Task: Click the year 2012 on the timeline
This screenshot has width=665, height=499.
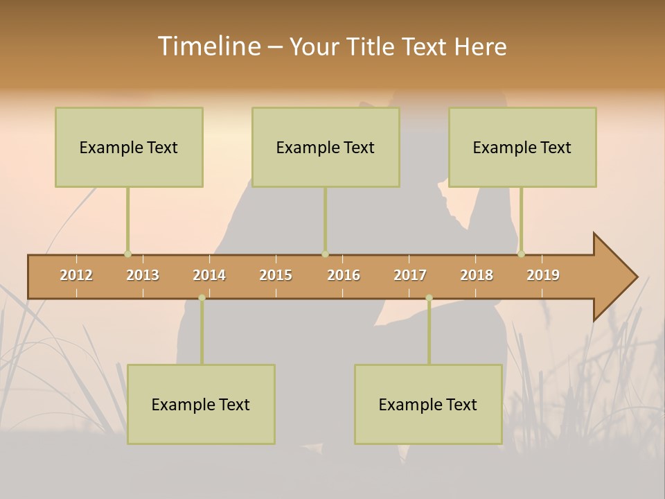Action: point(76,275)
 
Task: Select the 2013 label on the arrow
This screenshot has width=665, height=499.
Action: point(143,275)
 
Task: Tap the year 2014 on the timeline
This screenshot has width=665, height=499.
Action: point(209,275)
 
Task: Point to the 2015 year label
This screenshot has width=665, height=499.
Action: point(276,275)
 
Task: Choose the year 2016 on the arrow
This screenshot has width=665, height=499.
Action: point(344,275)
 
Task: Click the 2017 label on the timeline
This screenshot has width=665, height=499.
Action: point(410,275)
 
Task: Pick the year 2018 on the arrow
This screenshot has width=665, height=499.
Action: point(477,275)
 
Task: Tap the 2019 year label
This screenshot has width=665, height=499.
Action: point(543,275)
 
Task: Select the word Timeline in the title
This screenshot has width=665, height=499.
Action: point(208,46)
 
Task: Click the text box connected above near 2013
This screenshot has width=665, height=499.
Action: point(129,147)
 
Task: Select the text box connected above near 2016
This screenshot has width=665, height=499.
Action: point(326,147)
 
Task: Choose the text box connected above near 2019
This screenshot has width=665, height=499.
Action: point(522,147)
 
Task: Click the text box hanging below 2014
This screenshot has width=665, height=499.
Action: point(201,404)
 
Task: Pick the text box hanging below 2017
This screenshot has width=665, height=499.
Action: point(428,404)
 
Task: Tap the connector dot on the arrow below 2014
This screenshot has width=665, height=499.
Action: point(202,298)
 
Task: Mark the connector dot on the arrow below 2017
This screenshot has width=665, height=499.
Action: point(429,298)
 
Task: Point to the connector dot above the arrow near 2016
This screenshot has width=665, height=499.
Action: point(325,254)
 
